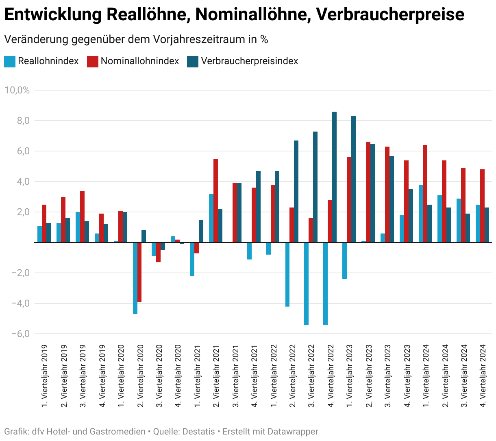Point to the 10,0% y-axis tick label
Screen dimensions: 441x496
click(17, 90)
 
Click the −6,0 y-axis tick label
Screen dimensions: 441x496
click(21, 334)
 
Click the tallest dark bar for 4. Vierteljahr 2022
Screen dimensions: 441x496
click(334, 177)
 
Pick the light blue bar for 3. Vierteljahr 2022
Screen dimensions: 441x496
click(306, 283)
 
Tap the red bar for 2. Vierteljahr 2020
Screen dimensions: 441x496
click(139, 272)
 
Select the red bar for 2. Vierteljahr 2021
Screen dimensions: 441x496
click(215, 201)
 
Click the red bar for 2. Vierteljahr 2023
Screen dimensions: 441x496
click(368, 192)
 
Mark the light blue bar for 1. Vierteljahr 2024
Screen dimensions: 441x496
click(421, 214)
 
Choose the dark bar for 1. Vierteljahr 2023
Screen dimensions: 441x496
click(353, 179)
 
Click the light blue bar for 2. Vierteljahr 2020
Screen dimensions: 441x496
click(135, 278)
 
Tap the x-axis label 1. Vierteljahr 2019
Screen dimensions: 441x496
click(44, 376)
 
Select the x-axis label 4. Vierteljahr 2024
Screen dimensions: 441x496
click(483, 376)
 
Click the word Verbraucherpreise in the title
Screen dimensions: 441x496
click(390, 15)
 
